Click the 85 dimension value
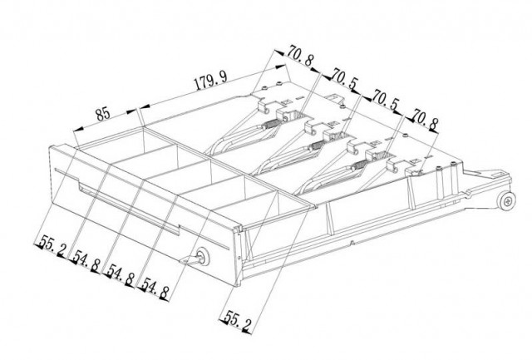[103, 114]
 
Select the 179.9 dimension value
[210, 81]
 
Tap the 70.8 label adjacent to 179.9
[300, 56]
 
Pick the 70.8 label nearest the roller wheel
[426, 120]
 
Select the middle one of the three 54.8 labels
[121, 275]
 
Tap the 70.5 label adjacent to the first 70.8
[344, 79]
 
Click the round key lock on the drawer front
[203, 257]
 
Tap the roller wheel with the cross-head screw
[507, 200]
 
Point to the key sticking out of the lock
[190, 260]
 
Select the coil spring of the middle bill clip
[316, 145]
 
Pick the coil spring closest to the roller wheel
[359, 165]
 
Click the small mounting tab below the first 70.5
[335, 97]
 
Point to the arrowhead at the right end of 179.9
[281, 67]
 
